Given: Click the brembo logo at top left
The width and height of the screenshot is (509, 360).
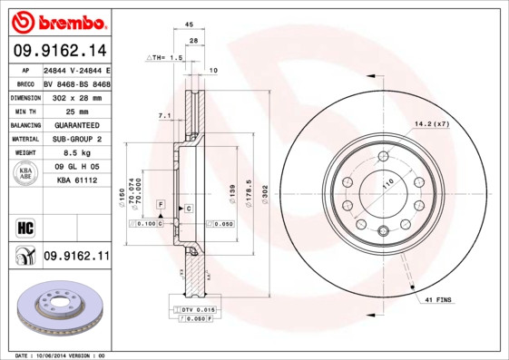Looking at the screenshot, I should click(x=57, y=20).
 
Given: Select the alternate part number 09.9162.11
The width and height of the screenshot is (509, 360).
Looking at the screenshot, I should click(x=75, y=258).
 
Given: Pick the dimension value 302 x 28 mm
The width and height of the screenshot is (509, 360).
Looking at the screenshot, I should click(x=75, y=96).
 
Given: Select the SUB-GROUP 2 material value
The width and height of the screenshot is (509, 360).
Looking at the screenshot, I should click(x=75, y=139).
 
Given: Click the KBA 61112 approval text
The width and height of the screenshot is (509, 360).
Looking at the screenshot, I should click(x=77, y=180).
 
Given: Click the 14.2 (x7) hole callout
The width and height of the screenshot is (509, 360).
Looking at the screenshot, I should click(x=432, y=122).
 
